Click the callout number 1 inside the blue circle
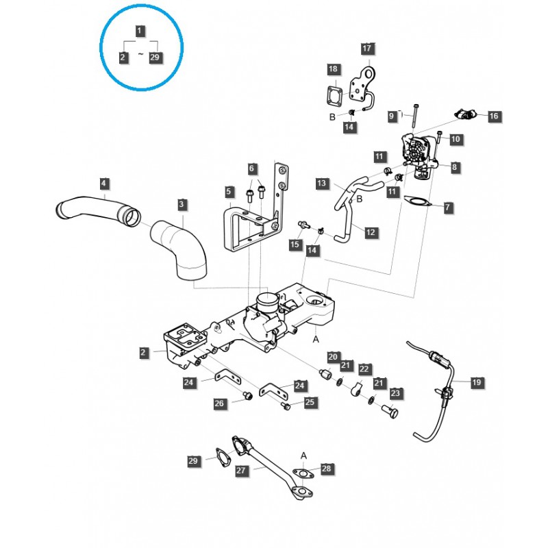[140, 30]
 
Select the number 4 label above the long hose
[103, 184]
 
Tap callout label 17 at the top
[368, 49]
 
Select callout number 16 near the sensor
[493, 116]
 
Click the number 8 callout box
[456, 166]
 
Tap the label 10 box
[456, 139]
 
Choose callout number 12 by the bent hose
[371, 233]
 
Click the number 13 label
[321, 184]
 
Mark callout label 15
[295, 245]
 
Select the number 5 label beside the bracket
[229, 192]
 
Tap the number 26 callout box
[219, 404]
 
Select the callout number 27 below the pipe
[240, 471]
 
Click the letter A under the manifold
[316, 338]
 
